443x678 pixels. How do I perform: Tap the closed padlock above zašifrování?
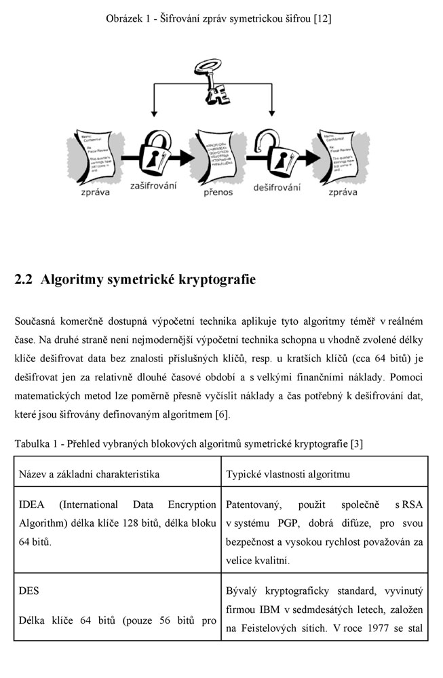click(x=155, y=153)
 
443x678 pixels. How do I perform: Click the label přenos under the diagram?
click(x=218, y=192)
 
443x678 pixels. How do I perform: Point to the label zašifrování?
click(x=153, y=186)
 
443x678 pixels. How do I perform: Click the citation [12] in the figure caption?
click(x=322, y=19)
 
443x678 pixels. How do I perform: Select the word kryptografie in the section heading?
click(x=217, y=279)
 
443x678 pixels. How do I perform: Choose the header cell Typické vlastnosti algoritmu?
click(x=288, y=473)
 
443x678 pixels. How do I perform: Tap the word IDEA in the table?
click(x=31, y=505)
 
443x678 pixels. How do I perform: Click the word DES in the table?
click(x=29, y=591)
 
